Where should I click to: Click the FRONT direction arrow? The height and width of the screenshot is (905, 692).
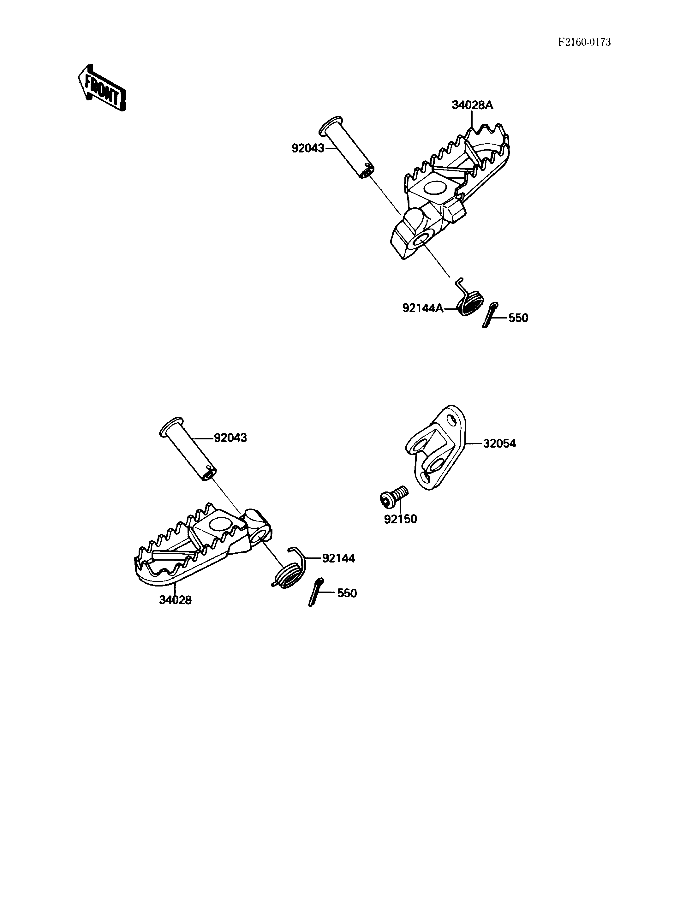102,88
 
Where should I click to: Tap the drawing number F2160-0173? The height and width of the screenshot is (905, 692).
584,42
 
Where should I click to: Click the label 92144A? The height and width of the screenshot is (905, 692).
423,308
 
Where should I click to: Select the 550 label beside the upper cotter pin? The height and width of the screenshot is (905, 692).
518,318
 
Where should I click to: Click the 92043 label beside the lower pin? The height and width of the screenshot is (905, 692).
230,438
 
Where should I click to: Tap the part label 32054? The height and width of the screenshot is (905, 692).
499,444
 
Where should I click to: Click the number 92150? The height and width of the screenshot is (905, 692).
400,519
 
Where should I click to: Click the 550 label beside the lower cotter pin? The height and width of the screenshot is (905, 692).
347,593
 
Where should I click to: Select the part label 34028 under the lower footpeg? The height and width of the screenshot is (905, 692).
176,600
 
